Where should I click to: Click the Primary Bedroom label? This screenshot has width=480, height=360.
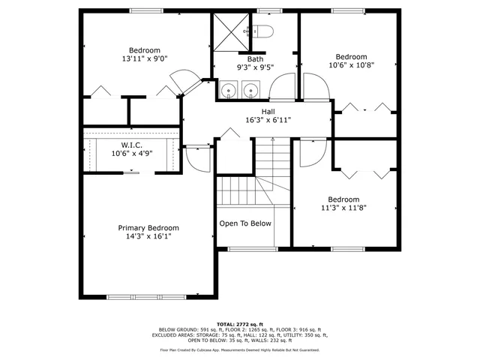(x=148, y=227)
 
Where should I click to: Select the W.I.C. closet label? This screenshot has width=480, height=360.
(x=132, y=145)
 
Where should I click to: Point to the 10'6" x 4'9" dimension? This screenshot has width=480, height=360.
(x=132, y=153)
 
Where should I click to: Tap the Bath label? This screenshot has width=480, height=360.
(x=255, y=58)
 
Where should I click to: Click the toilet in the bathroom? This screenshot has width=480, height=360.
(x=262, y=31)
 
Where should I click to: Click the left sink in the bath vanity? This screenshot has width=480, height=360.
(x=228, y=89)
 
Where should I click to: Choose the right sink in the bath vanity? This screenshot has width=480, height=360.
(x=250, y=89)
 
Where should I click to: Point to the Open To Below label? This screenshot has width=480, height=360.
(x=244, y=223)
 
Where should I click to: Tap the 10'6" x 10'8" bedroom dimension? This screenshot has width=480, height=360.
(x=351, y=65)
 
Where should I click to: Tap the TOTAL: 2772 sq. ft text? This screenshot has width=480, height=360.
(x=240, y=323)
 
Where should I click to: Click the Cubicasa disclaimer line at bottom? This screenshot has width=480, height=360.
(x=240, y=349)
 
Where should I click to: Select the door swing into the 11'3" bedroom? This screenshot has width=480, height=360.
(x=310, y=153)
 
